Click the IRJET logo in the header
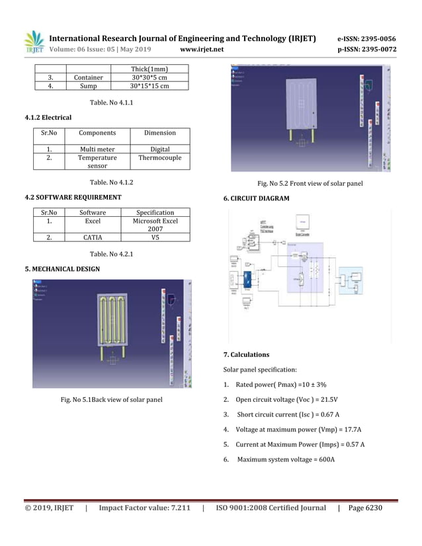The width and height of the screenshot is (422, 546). coord(34,42)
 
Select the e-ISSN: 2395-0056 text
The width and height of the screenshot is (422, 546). coord(366,38)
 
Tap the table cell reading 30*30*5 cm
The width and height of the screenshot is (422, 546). coord(149,77)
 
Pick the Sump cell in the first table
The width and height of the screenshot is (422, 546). coord(88,85)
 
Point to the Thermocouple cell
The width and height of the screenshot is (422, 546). coord(159,158)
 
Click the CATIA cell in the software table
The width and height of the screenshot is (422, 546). coord(93,237)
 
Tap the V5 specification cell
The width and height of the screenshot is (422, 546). coord(155,237)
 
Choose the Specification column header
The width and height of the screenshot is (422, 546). coord(155,213)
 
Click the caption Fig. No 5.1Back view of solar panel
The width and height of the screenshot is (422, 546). coord(111,399)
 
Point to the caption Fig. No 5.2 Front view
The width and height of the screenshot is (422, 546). coord(306,183)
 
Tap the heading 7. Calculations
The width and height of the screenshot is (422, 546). coord(250,355)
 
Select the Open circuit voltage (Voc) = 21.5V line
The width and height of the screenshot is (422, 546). coord(286,399)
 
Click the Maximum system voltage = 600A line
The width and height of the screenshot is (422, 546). coord(285,459)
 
